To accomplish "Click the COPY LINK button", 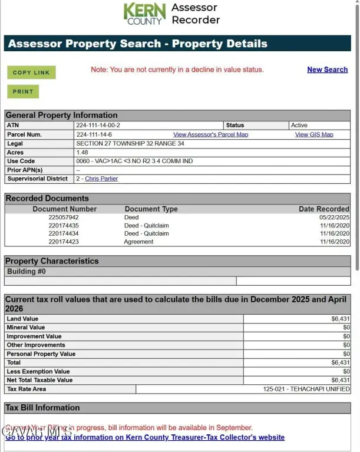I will [31, 72].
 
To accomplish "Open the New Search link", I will [327, 70].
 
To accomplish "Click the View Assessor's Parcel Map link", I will [210, 134].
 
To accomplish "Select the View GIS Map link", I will [313, 134].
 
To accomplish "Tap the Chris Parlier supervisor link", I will [101, 179].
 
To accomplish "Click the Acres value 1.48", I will [82, 152].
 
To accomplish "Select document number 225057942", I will [64, 217].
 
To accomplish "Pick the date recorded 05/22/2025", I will [334, 217].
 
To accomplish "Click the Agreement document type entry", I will [138, 242].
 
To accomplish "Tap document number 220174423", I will [64, 242].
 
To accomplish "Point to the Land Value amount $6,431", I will [341, 319].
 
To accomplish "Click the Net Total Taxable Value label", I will [39, 380].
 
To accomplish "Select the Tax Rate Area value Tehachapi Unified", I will [306, 389].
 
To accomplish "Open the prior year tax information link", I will [145, 437].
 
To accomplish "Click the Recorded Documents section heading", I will [47, 199].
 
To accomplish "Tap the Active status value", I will [299, 126].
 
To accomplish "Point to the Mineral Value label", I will [25, 328].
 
